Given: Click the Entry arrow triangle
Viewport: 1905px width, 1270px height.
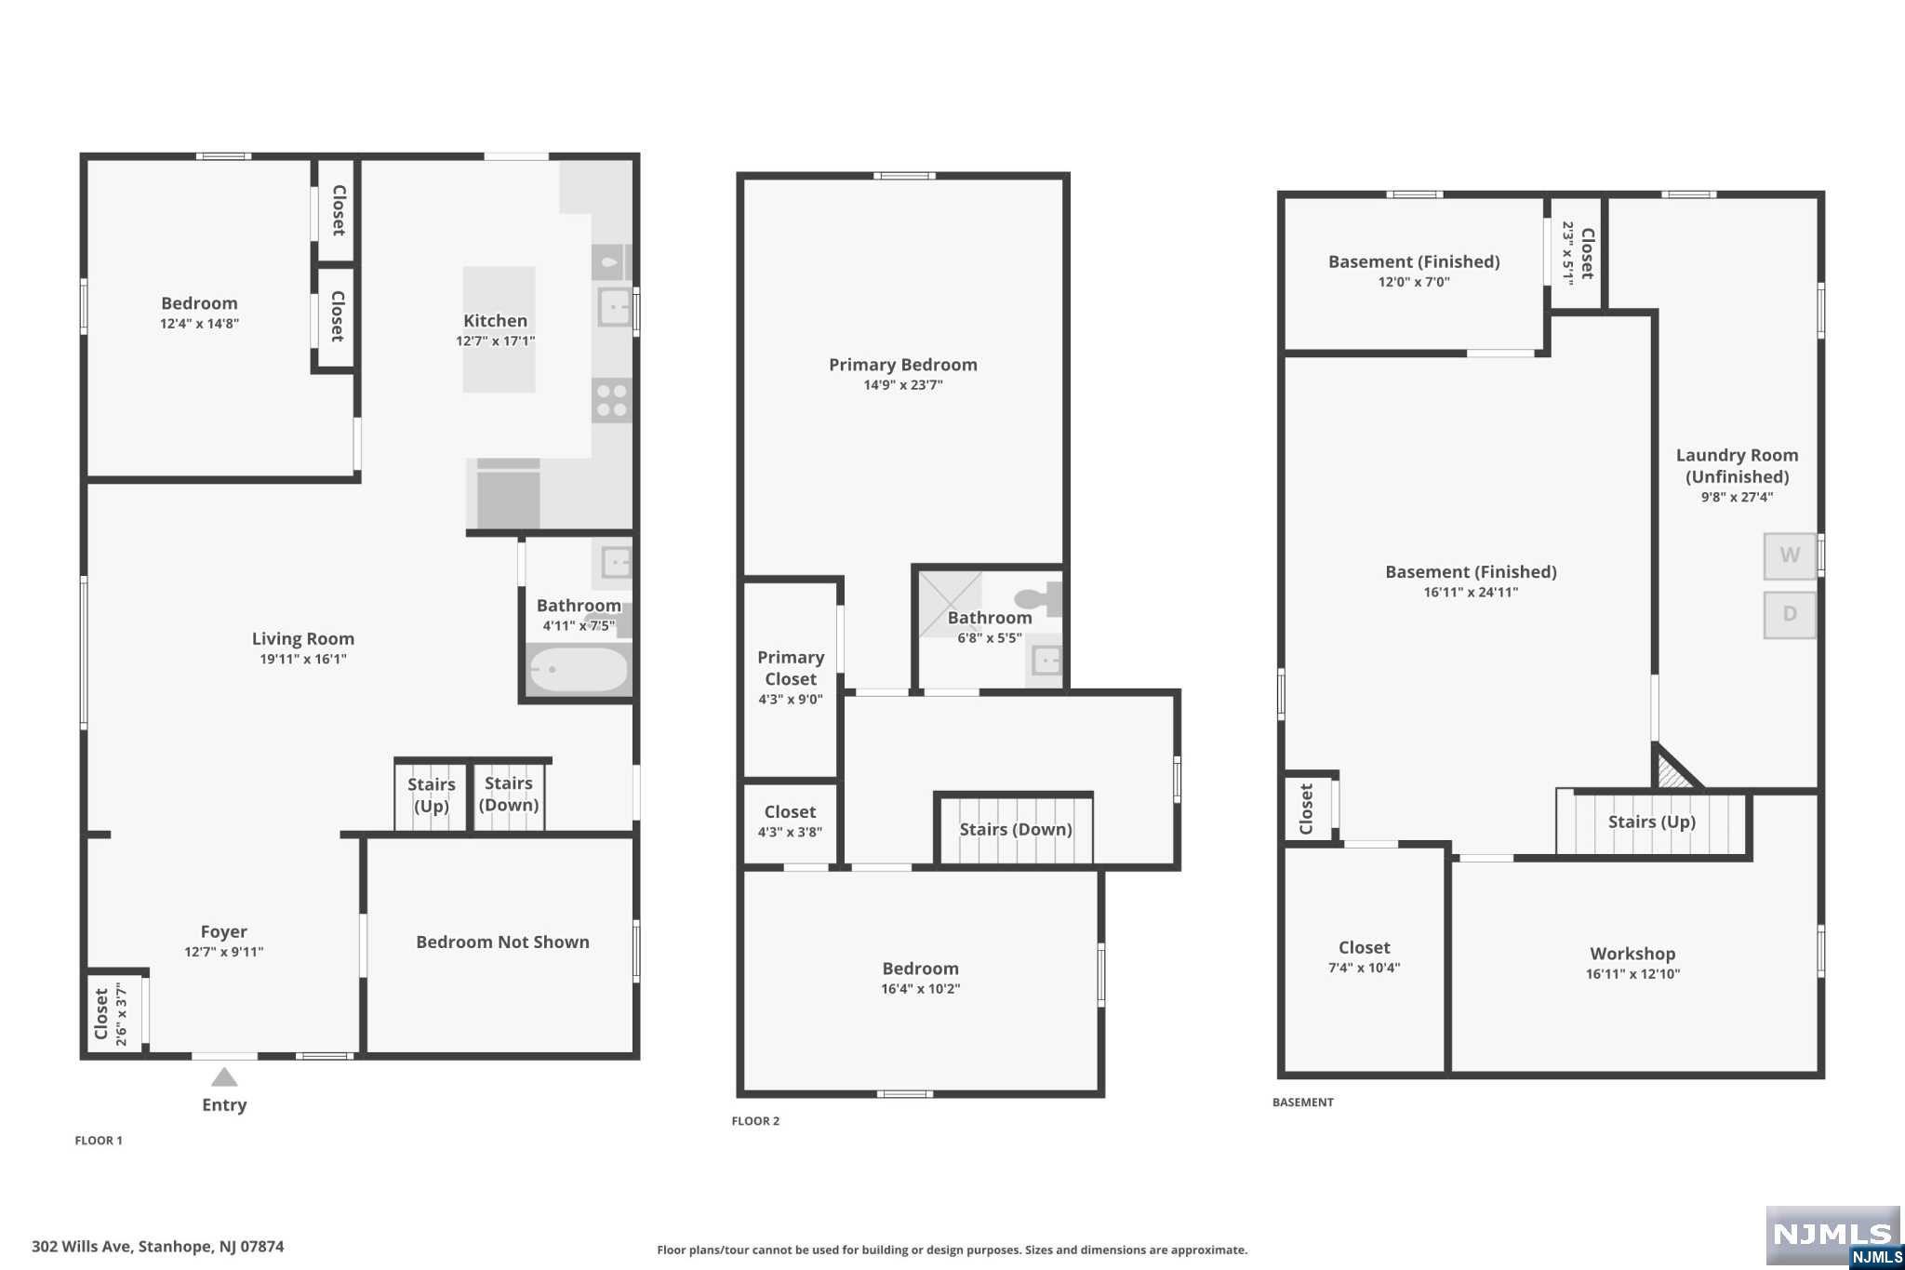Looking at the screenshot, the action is click(x=224, y=1077).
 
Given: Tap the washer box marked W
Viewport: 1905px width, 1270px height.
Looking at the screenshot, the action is click(x=1790, y=555).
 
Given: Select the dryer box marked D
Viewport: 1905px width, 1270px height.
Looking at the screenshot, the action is click(x=1790, y=614).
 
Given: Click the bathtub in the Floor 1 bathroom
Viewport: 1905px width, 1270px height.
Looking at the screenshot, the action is click(x=579, y=670).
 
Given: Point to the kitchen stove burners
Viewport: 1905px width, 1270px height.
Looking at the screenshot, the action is click(x=612, y=401).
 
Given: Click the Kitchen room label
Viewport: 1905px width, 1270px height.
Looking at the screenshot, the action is click(x=495, y=321).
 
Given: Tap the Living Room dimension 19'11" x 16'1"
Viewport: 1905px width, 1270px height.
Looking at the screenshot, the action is click(x=303, y=659).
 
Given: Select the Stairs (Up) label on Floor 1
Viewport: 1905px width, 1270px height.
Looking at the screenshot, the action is click(x=432, y=795).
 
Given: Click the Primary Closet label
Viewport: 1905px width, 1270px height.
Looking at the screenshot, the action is click(x=791, y=668).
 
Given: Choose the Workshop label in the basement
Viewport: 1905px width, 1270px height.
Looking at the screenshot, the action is click(x=1632, y=954).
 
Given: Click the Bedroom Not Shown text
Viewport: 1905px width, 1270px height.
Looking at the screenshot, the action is click(x=502, y=942).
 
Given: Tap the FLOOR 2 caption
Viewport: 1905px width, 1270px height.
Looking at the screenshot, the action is click(x=755, y=1121).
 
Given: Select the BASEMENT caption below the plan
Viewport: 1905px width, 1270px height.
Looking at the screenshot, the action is click(x=1303, y=1103).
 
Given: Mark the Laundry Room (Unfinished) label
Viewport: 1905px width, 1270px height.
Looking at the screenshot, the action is click(x=1737, y=466).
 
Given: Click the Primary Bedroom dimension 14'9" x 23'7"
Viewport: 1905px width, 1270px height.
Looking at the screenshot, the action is click(x=903, y=385).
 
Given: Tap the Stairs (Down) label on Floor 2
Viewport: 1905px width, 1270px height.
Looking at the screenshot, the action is click(x=1016, y=829).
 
